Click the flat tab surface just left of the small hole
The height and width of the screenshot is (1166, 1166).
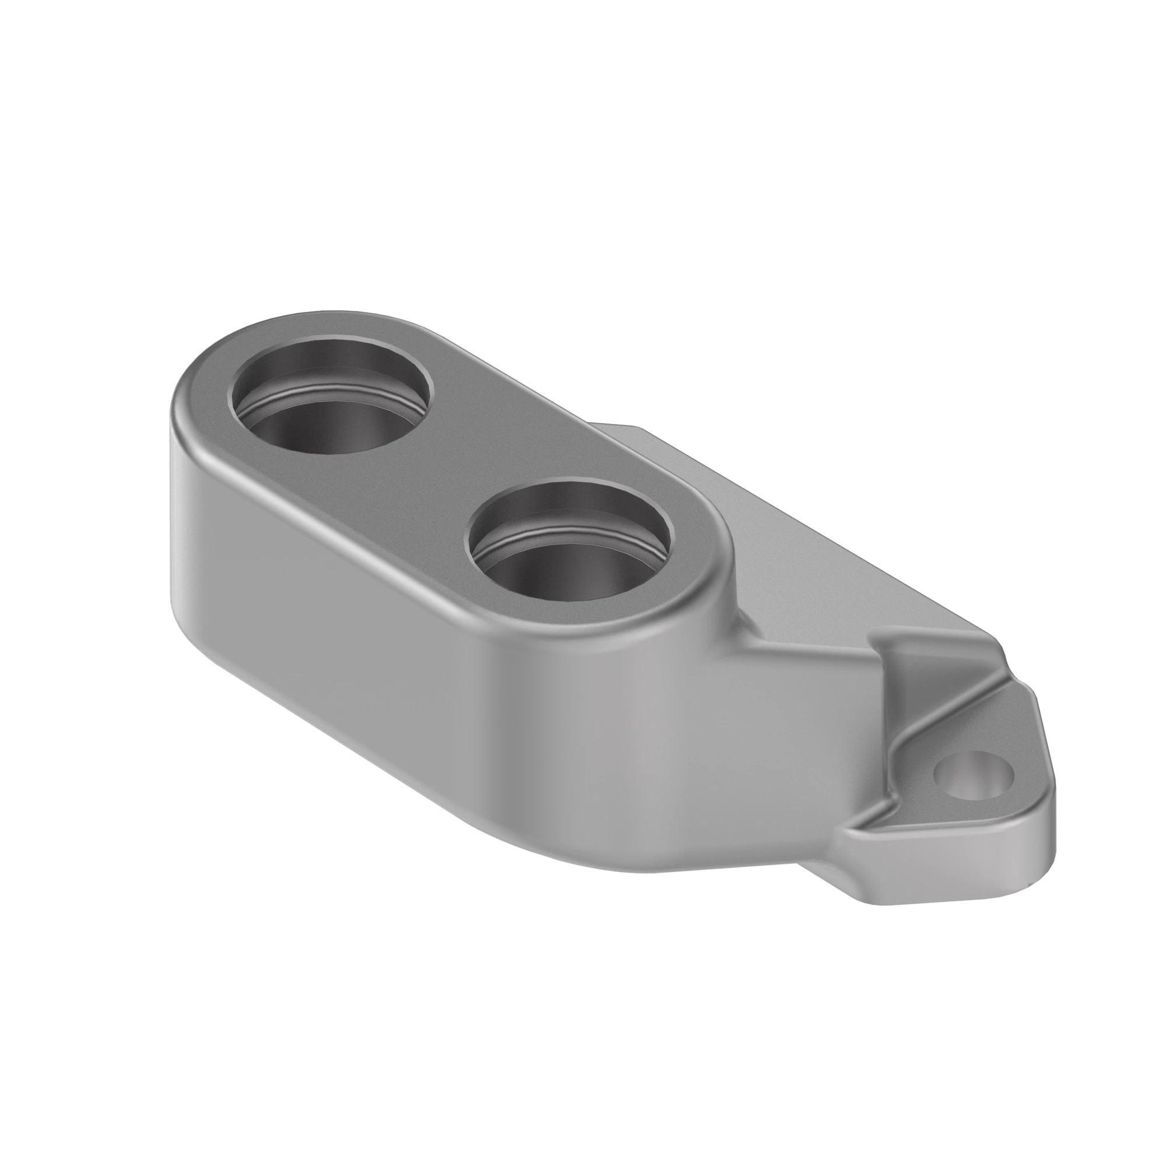(x=911, y=791)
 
